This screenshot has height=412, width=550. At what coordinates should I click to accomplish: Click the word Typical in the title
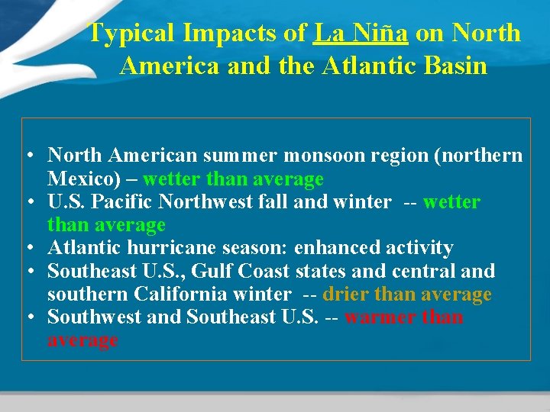click(x=131, y=34)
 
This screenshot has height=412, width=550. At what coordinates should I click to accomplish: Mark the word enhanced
click(x=332, y=248)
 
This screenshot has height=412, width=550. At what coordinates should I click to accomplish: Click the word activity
click(x=416, y=248)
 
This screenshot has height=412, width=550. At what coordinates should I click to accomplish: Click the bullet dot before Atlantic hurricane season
click(x=27, y=249)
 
